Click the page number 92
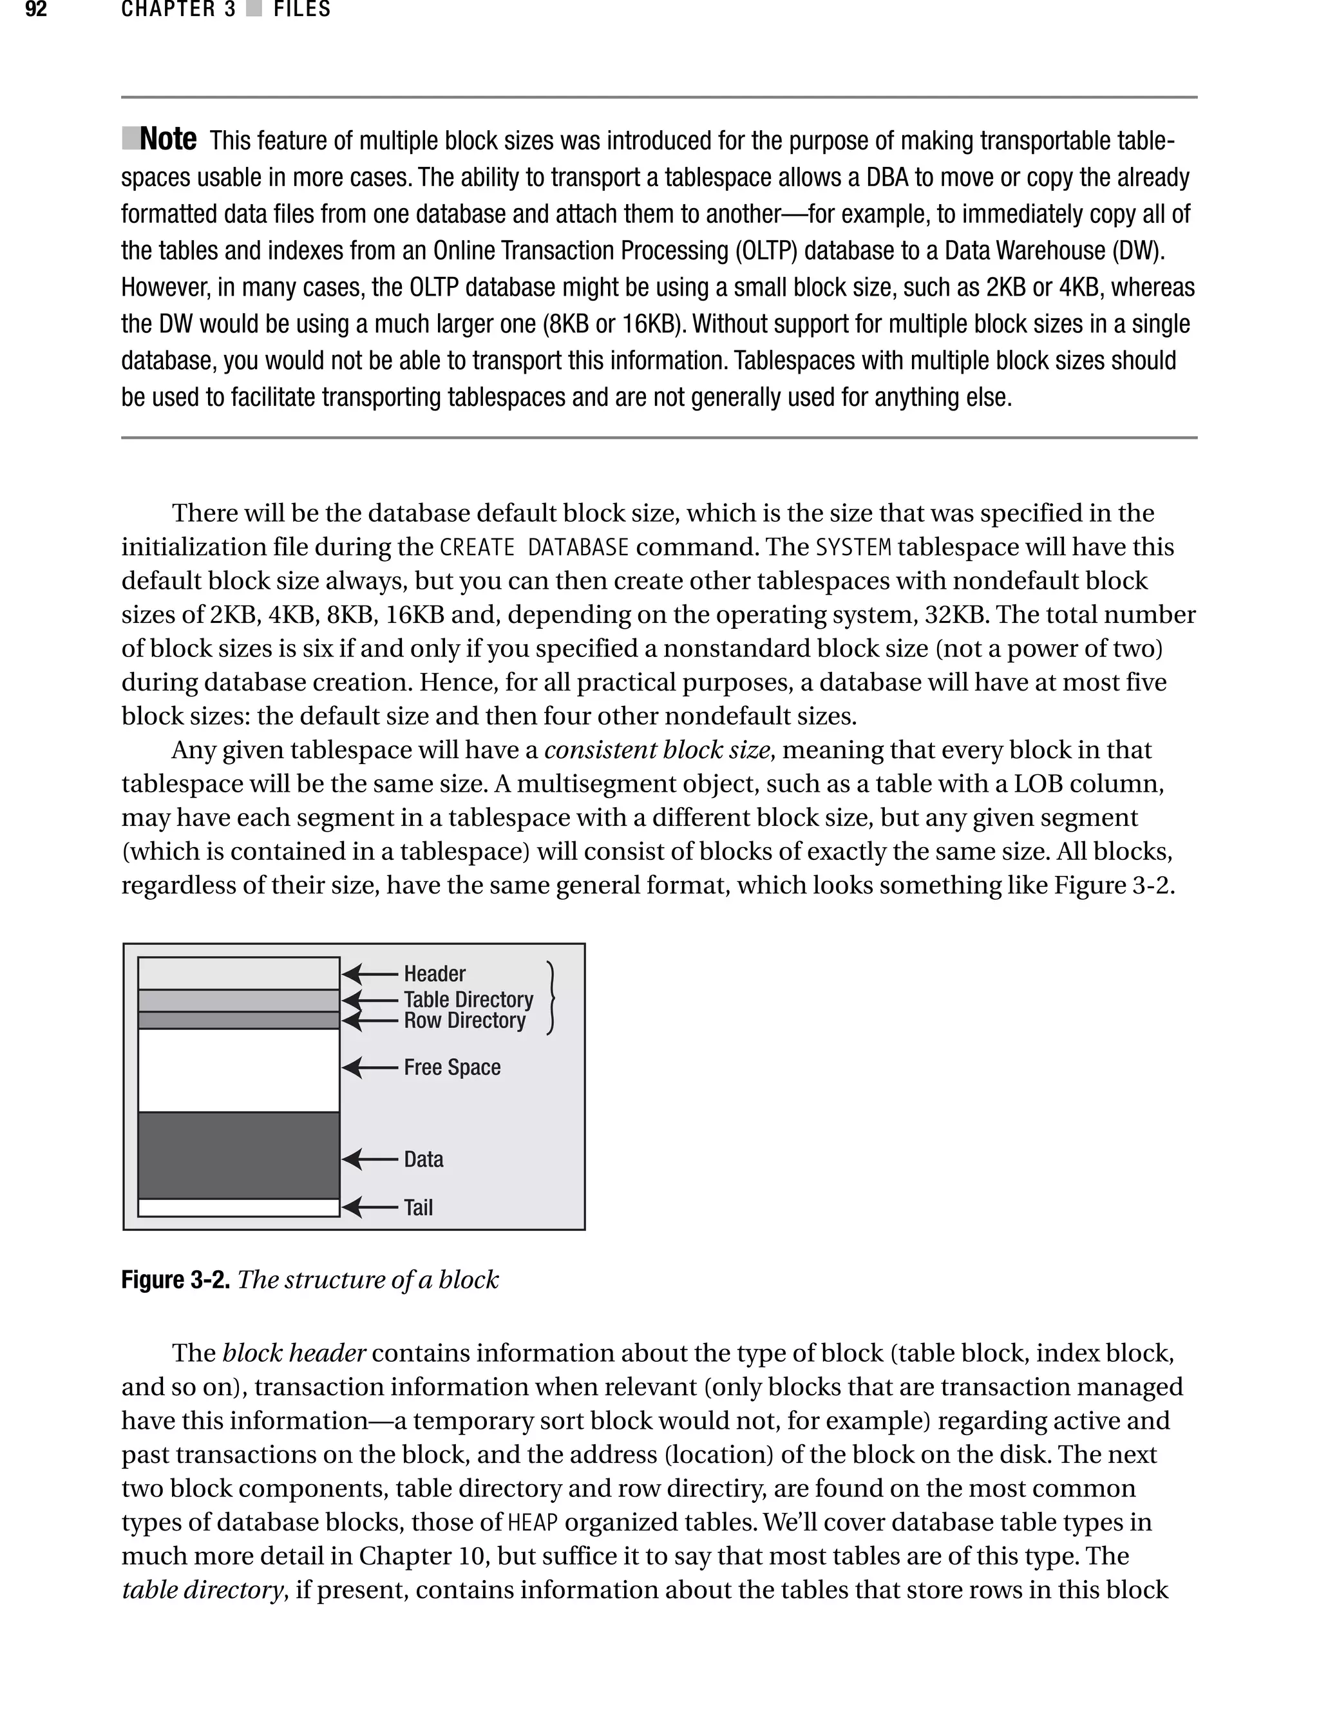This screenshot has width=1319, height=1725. tap(36, 10)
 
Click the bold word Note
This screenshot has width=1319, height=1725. tap(167, 140)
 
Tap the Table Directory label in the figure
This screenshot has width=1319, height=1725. tap(468, 1000)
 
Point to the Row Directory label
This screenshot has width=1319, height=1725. tap(464, 1021)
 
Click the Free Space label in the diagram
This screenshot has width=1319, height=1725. tap(451, 1068)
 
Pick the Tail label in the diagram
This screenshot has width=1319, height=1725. tap(418, 1208)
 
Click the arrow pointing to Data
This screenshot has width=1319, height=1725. tap(370, 1159)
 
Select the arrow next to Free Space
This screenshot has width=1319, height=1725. tap(370, 1068)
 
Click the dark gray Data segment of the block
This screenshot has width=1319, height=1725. tap(238, 1155)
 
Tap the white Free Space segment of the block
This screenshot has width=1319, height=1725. tap(238, 1070)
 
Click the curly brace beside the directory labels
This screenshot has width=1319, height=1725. tap(552, 998)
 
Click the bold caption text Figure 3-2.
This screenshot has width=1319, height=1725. tap(175, 1280)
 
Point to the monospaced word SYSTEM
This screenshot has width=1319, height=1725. tap(853, 548)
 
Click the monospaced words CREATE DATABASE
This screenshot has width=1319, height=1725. tap(534, 548)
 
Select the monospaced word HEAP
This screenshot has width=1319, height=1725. tap(533, 1523)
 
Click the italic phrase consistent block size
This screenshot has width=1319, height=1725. tap(656, 750)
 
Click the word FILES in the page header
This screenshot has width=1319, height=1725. tap(301, 10)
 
